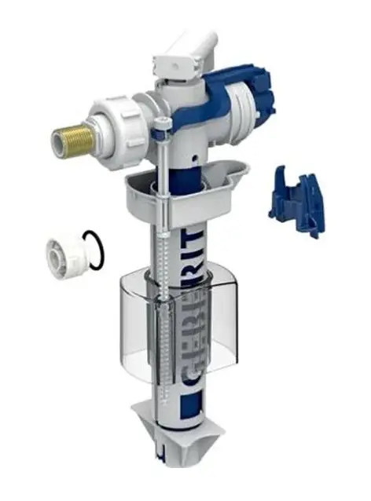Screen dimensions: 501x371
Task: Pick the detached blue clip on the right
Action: (x=301, y=199)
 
